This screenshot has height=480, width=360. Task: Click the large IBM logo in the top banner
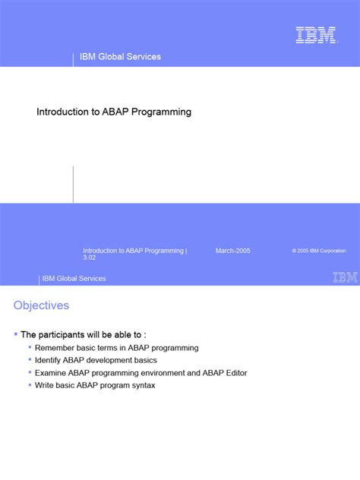(316, 35)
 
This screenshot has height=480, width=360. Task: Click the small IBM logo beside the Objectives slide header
(345, 278)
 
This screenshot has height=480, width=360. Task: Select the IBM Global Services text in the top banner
(121, 57)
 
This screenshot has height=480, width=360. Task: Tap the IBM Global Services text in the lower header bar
(74, 279)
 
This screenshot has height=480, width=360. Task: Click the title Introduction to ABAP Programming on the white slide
(114, 112)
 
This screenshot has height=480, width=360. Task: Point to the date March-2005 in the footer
(233, 250)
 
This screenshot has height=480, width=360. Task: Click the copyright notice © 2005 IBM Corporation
(318, 251)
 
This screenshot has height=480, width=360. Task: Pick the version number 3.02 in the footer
(90, 258)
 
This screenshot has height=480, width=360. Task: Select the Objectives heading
(41, 305)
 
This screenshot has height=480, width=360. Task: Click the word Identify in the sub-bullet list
(50, 361)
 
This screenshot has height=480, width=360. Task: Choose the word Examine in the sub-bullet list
(52, 373)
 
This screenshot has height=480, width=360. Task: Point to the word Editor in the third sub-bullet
(234, 373)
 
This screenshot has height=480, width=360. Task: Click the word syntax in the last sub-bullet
(142, 386)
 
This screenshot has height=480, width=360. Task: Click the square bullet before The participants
(16, 334)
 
